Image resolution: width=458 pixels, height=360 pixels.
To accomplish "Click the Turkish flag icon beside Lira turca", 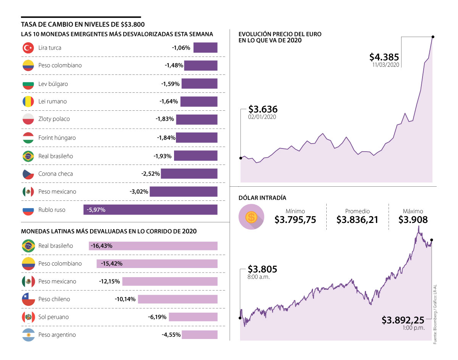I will tap(29, 48).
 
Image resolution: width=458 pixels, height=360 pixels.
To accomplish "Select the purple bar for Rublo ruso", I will tap(150, 210).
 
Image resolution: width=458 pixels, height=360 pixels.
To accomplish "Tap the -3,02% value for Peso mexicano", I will tap(139, 192).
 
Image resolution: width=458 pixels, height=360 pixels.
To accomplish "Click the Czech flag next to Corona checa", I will tap(29, 174).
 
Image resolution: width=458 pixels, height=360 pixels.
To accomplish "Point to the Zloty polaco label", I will tap(54, 119).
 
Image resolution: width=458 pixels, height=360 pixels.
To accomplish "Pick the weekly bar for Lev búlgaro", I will tap(199, 84).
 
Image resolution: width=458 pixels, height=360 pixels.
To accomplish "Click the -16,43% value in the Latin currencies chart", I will tap(101, 246).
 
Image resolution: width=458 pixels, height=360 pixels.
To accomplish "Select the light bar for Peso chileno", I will tap(177, 299).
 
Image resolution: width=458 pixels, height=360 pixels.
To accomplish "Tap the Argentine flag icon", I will tap(29, 335).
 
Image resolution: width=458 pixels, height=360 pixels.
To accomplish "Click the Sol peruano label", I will tap(53, 317).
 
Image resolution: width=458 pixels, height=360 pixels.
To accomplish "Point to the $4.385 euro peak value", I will tap(384, 57).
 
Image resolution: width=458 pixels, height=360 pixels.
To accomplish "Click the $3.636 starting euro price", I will tap(263, 109).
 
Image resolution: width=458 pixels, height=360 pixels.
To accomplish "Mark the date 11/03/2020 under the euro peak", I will tap(386, 65).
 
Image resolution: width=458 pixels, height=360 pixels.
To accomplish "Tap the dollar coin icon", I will tap(251, 217).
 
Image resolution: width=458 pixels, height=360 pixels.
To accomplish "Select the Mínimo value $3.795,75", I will tap(295, 220).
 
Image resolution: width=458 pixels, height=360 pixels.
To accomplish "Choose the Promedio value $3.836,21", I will tap(357, 220).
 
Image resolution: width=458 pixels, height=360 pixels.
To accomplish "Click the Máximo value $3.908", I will tap(413, 220).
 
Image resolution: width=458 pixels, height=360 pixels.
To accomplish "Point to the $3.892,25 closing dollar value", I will tap(403, 320).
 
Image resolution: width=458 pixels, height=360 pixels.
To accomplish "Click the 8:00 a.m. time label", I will tap(259, 277).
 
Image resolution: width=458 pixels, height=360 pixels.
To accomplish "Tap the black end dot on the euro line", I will tap(433, 37).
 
